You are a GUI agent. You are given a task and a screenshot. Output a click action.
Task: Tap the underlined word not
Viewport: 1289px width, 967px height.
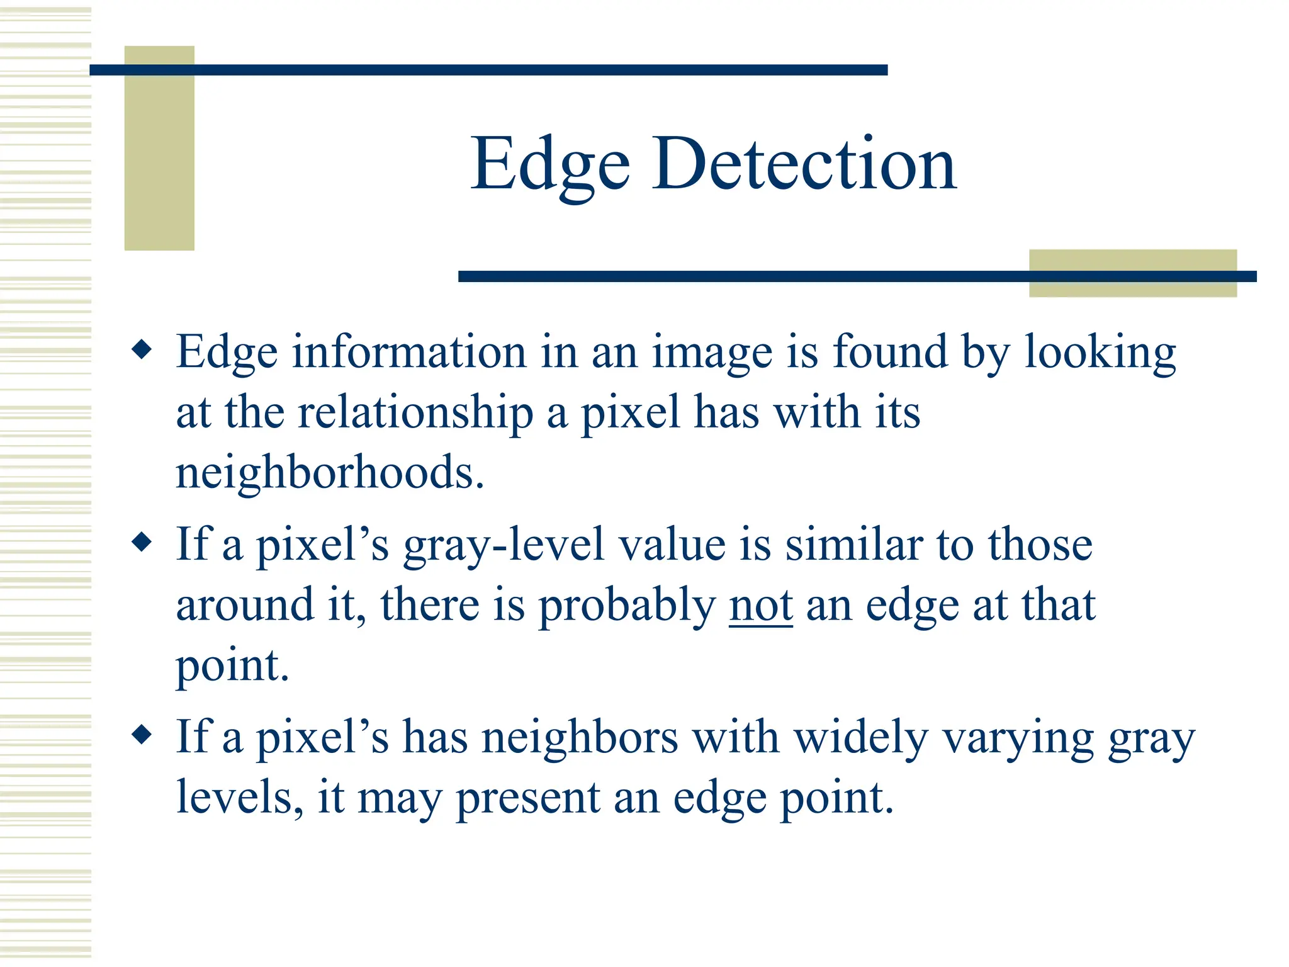760,606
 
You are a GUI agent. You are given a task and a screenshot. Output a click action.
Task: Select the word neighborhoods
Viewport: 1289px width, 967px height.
329,472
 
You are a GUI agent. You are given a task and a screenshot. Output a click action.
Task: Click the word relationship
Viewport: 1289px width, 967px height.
415,413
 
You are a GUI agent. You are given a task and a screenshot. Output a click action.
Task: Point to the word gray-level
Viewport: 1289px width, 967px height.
504,545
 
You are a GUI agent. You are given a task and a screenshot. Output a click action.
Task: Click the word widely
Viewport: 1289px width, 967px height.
860,738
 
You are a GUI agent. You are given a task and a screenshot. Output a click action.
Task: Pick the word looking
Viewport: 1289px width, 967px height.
1100,353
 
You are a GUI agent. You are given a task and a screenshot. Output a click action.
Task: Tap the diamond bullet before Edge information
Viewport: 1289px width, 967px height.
143,349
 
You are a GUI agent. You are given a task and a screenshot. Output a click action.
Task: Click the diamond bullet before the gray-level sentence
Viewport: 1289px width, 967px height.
143,541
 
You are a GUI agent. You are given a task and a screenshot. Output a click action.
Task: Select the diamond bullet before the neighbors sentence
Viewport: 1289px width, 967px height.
143,734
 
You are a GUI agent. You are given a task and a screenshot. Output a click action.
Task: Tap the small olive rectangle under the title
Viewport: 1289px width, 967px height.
1132,273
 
